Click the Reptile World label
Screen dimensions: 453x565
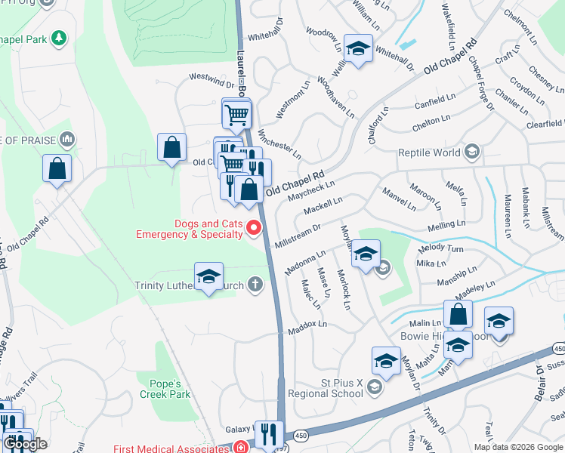429,153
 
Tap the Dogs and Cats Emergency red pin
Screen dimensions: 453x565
255,228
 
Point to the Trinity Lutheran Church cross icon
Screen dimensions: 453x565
255,285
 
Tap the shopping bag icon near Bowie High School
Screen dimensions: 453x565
458,315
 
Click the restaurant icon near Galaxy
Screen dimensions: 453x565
268,434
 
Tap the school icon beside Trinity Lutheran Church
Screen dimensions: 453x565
208,277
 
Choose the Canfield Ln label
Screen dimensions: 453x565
435,98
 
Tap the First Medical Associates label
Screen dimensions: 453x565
171,448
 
